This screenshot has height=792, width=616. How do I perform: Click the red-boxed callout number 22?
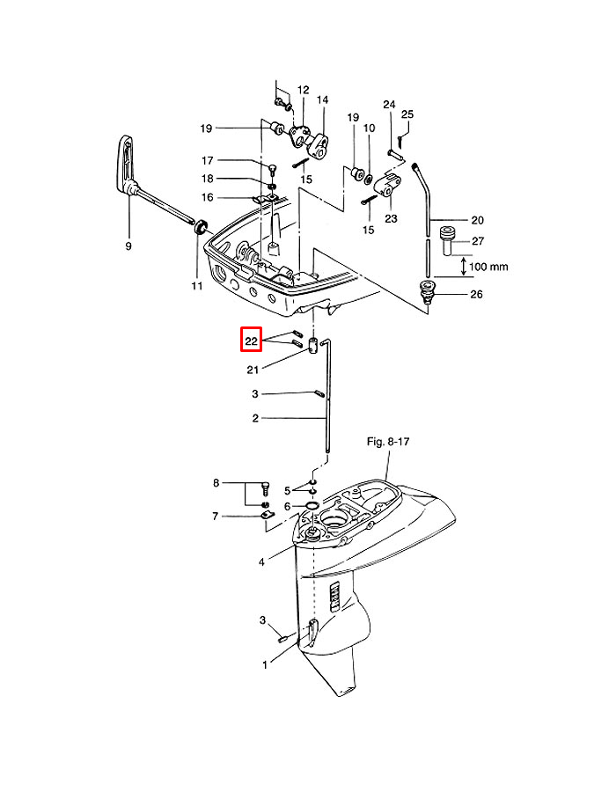(252, 341)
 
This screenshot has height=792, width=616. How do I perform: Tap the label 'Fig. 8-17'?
(388, 442)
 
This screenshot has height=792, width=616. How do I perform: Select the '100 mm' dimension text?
(488, 267)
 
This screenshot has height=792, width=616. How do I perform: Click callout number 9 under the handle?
(128, 246)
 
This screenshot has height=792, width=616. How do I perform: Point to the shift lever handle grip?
(126, 165)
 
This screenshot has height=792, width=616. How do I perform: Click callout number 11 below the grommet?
(197, 286)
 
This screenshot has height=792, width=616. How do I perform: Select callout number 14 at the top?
(323, 100)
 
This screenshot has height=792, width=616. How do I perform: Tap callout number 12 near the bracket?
(303, 91)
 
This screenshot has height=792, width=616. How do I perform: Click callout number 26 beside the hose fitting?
(476, 294)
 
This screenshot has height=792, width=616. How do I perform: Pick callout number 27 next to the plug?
(478, 241)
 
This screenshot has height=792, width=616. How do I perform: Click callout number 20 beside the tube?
(477, 220)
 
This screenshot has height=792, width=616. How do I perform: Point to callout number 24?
(389, 105)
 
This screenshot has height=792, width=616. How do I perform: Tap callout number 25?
(407, 114)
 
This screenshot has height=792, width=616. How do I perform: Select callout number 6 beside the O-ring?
(287, 506)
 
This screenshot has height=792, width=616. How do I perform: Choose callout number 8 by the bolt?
(216, 483)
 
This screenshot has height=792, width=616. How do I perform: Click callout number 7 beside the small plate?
(215, 517)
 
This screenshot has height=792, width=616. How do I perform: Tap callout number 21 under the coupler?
(253, 370)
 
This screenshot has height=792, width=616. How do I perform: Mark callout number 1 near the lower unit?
(265, 665)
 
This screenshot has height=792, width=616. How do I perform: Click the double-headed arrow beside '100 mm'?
(464, 267)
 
